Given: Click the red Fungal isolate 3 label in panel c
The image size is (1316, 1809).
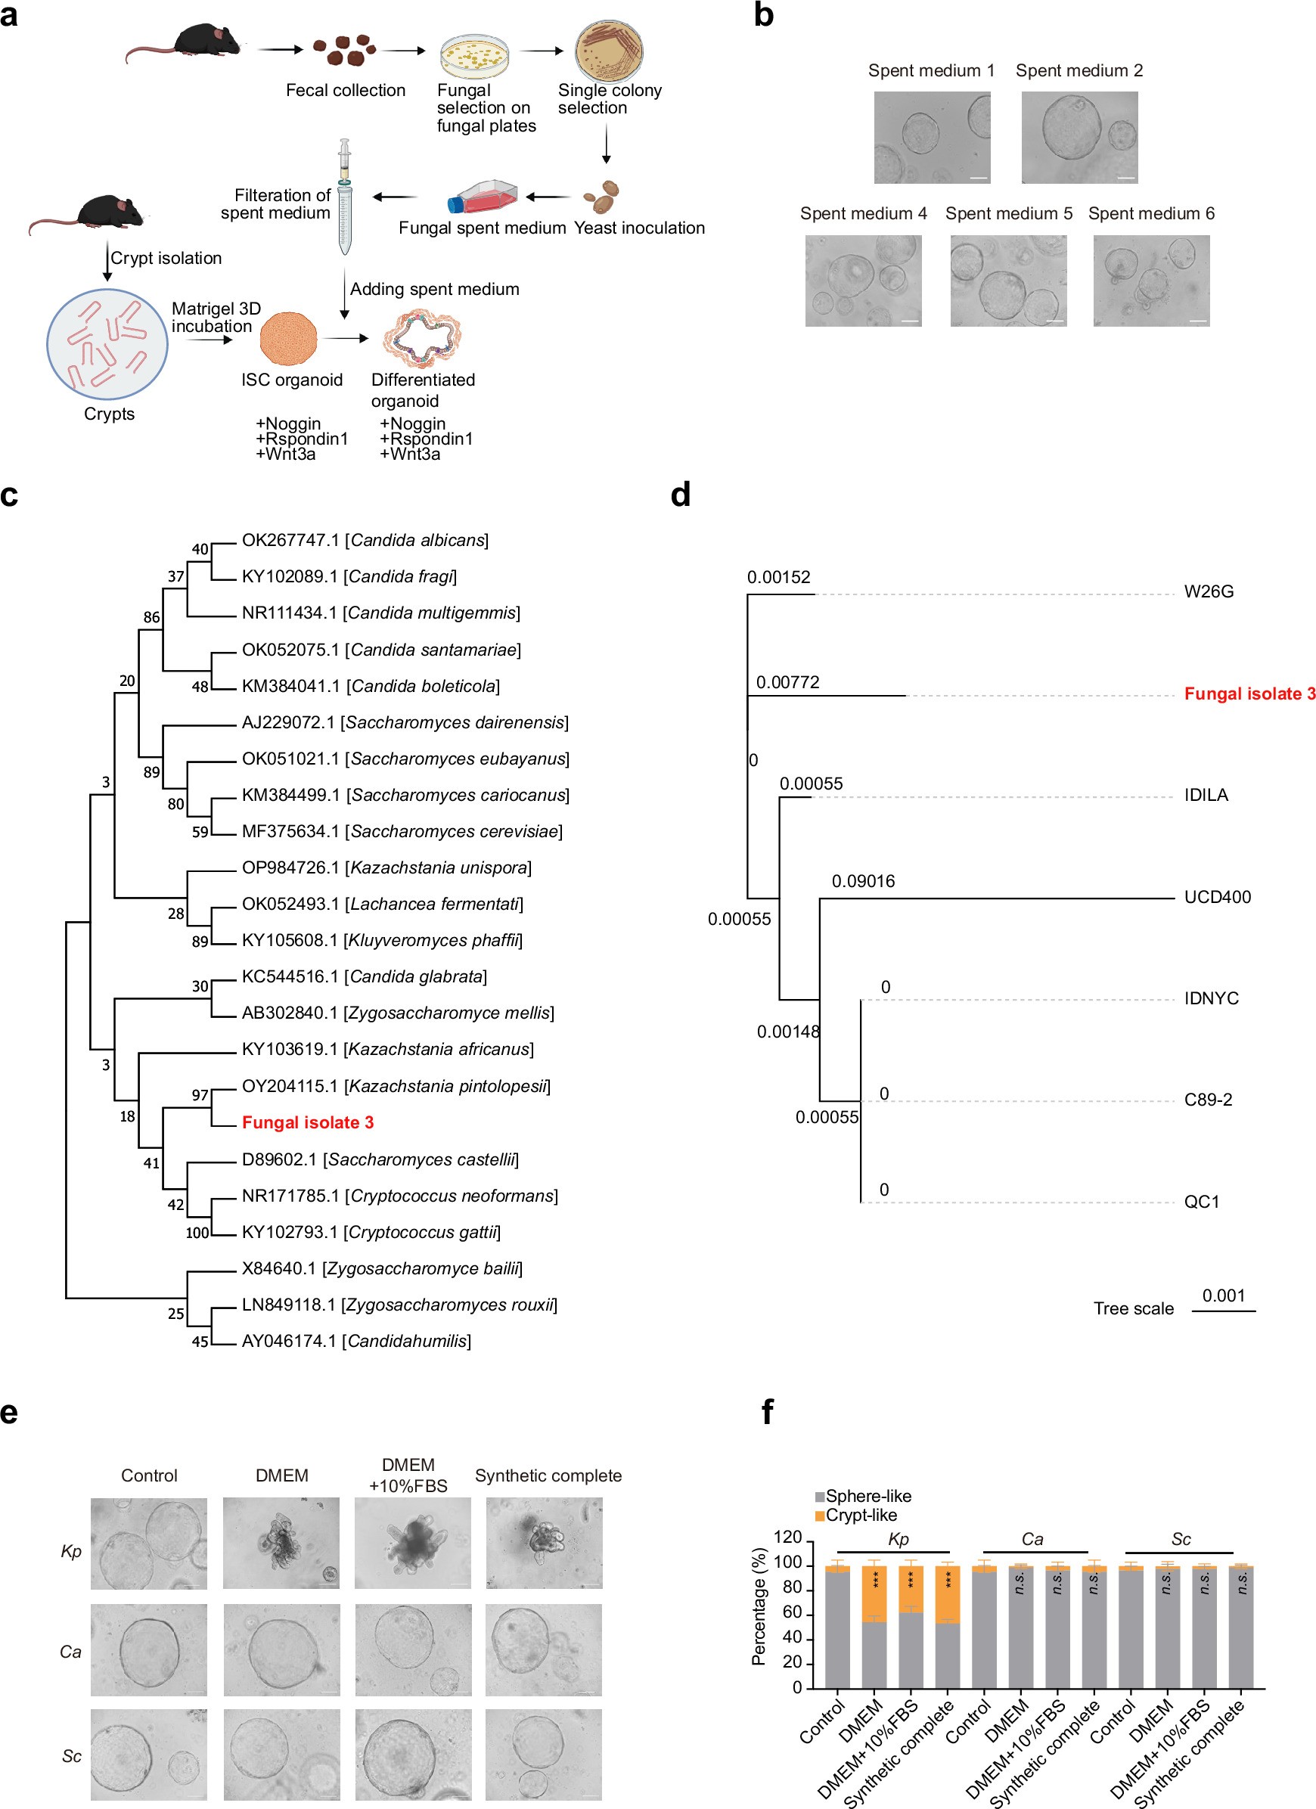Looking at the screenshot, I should coord(308,1122).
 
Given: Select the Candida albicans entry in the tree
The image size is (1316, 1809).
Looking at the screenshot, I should coord(365,540).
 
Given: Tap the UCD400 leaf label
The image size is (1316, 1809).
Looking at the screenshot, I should coord(1217,896).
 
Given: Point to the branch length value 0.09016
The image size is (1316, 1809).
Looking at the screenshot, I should coord(863,881).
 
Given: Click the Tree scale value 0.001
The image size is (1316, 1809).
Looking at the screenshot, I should coord(1224,1295).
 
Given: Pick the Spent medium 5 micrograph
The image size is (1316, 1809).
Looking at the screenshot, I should coord(1008,281).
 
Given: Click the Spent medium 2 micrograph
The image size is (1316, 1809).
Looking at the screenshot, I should coord(1079,137).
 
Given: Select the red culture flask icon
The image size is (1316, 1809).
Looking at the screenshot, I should coord(482,196).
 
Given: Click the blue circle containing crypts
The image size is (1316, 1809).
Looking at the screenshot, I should coord(107,344).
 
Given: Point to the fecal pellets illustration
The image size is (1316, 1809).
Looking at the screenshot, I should coord(344,51).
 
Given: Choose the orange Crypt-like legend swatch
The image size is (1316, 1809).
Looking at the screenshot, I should coord(820,1516).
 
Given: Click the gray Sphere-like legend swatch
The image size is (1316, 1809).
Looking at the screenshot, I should coord(820,1497).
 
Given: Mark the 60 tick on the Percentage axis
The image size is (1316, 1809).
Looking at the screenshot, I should coord(792,1613).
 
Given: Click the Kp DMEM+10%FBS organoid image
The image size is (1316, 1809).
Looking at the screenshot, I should coord(412,1544).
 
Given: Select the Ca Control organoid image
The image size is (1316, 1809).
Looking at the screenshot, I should coord(149,1649).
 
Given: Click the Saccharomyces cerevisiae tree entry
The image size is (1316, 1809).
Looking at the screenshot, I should coord(402,831).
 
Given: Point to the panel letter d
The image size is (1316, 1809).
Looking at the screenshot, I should coord(681,495).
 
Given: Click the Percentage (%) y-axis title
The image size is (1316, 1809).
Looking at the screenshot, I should coord(759,1606).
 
